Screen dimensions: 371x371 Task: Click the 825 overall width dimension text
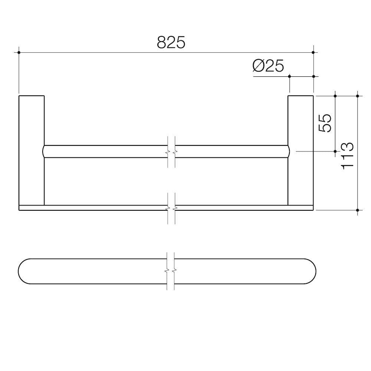(x=171, y=43)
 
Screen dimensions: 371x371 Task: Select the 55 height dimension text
(x=324, y=123)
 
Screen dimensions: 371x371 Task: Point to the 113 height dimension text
(x=347, y=156)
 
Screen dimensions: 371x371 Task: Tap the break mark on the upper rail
(x=171, y=152)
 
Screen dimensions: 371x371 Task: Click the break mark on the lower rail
(x=171, y=207)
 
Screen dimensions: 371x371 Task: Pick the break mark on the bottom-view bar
(x=171, y=271)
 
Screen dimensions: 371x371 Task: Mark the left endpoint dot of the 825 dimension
(x=19, y=52)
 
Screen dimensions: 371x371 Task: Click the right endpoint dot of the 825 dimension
(x=313, y=52)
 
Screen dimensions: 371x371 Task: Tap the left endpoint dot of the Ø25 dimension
(x=289, y=76)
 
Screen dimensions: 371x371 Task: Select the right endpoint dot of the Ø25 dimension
(x=313, y=76)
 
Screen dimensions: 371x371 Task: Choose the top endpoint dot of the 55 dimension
(x=335, y=96)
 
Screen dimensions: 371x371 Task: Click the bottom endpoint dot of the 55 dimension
(x=335, y=151)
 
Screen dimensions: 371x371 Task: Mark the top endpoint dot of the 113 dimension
(x=357, y=96)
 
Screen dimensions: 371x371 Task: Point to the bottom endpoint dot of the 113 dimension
(x=357, y=210)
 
